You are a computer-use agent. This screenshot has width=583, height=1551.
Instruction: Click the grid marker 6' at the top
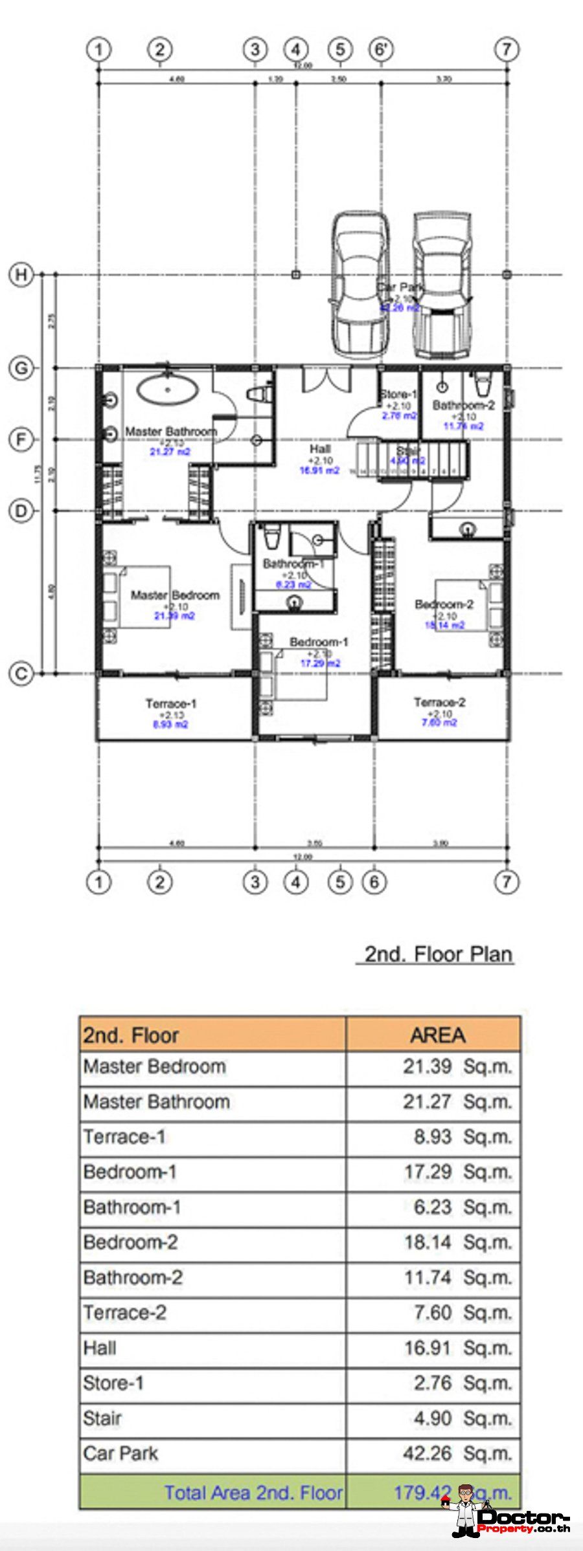pyautogui.click(x=381, y=49)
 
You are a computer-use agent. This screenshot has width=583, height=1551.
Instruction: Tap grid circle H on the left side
pyautogui.click(x=21, y=274)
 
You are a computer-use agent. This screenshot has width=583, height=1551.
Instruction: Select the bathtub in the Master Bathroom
pyautogui.click(x=167, y=390)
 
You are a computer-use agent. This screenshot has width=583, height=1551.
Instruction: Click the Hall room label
pyautogui.click(x=319, y=448)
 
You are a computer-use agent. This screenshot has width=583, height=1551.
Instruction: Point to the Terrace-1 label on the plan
pyautogui.click(x=170, y=703)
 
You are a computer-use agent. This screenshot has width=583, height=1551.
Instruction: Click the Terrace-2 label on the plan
pyautogui.click(x=439, y=702)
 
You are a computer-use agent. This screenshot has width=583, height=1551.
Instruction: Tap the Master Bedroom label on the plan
pyautogui.click(x=175, y=595)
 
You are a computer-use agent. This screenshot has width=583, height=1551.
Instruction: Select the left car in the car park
pyautogui.click(x=360, y=285)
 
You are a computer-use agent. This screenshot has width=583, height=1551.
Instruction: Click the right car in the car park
pyautogui.click(x=442, y=285)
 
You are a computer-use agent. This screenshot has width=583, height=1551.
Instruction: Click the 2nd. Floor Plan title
pyautogui.click(x=438, y=954)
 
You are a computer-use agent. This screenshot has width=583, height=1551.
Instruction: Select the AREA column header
pyautogui.click(x=437, y=1035)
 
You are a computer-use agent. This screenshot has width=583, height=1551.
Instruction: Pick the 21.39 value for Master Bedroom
pyautogui.click(x=427, y=1066)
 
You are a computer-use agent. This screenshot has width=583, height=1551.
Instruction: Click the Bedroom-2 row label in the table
pyautogui.click(x=130, y=1242)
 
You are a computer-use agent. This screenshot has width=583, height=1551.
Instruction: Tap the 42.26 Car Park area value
pyautogui.click(x=427, y=1453)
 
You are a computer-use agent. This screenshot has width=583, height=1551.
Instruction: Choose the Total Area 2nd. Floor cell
pyautogui.click(x=253, y=1492)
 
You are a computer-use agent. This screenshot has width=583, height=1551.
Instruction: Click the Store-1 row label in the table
pyautogui.click(x=113, y=1383)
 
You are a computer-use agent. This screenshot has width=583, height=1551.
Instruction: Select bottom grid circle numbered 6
pyautogui.click(x=374, y=882)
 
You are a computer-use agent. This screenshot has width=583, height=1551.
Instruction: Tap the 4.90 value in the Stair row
pyautogui.click(x=432, y=1418)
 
